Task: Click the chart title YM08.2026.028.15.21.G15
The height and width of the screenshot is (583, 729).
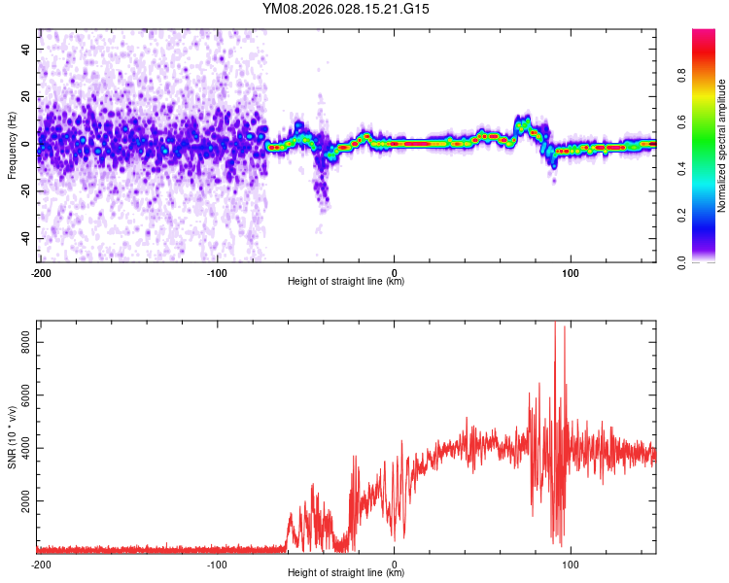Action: pyautogui.click(x=346, y=9)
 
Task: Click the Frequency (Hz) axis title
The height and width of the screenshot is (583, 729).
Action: pyautogui.click(x=12, y=145)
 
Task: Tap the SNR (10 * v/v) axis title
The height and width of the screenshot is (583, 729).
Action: pyautogui.click(x=12, y=437)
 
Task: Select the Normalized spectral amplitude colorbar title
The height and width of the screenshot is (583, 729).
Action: pyautogui.click(x=722, y=146)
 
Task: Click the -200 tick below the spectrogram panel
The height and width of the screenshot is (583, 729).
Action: pyautogui.click(x=41, y=272)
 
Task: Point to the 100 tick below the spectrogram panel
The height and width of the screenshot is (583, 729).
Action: pyautogui.click(x=572, y=272)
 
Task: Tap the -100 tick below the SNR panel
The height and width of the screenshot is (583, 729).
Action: pyautogui.click(x=218, y=564)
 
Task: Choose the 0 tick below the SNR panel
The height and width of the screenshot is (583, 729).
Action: pyautogui.click(x=395, y=564)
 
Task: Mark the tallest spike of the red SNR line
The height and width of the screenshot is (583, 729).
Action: pyautogui.click(x=555, y=324)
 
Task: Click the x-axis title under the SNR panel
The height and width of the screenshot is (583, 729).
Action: pyautogui.click(x=346, y=573)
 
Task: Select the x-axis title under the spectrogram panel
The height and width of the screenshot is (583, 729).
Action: pyautogui.click(x=346, y=282)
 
